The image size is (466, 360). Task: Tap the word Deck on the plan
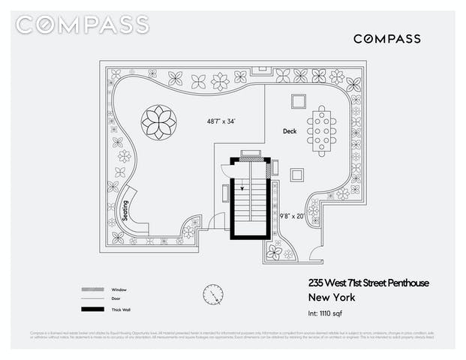[x=290, y=131]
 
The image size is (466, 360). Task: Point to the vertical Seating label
[x=125, y=211]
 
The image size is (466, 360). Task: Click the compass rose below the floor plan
[x=212, y=295]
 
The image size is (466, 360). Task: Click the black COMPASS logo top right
[x=386, y=38]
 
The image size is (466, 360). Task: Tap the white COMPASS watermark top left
[x=82, y=25]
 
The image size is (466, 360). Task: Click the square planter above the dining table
[x=298, y=101]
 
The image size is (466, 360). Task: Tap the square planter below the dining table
[x=298, y=174]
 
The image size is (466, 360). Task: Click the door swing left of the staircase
[x=217, y=221]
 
